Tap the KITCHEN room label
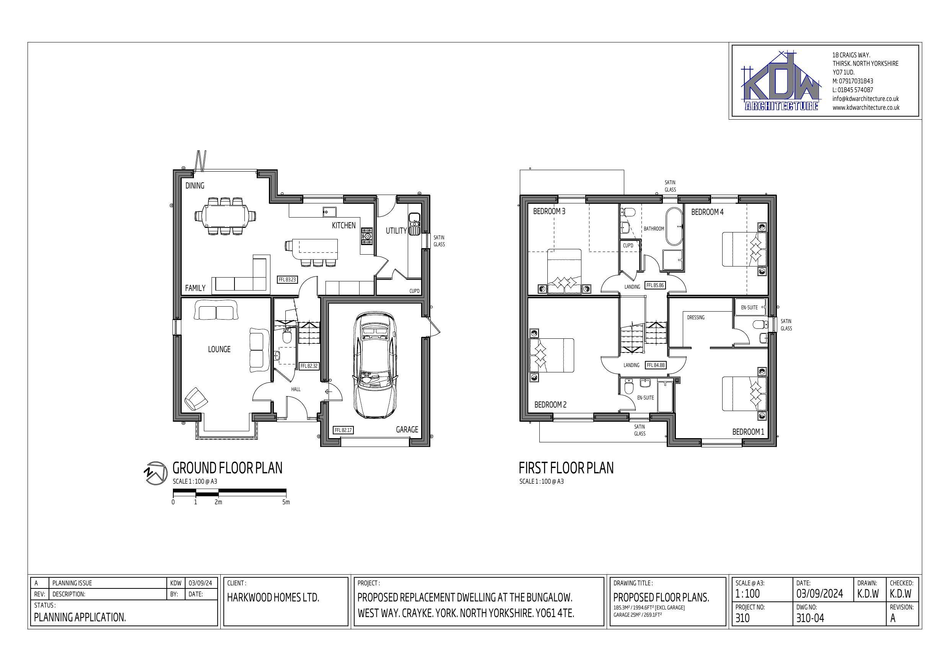343,225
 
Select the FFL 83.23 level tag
287,280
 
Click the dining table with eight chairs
225,216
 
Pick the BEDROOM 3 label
549,211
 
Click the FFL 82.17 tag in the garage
343,430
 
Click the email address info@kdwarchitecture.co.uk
866,99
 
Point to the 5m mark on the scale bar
286,502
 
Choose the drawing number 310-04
810,618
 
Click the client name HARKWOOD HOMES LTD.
273,598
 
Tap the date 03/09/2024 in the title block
820,594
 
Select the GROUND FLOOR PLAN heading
227,468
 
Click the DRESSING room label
696,317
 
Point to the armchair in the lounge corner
195,399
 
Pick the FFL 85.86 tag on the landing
655,286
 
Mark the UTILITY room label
396,231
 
